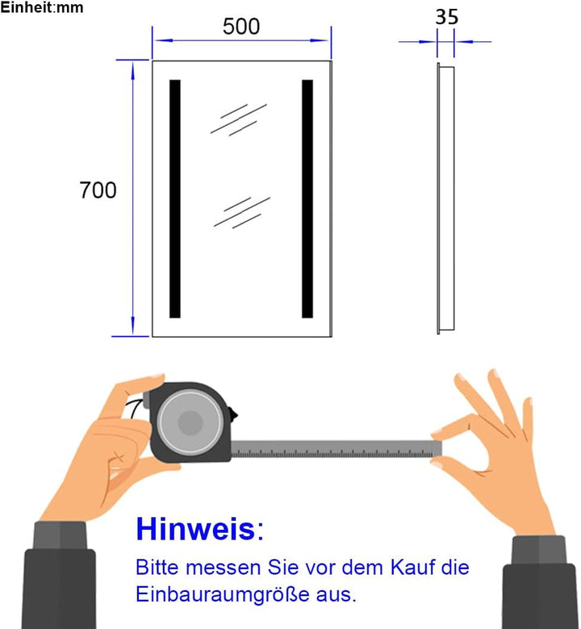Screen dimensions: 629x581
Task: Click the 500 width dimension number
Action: pyautogui.click(x=241, y=26)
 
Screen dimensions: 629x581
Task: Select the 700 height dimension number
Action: pyautogui.click(x=98, y=190)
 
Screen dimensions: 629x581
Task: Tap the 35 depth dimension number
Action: pyautogui.click(x=445, y=16)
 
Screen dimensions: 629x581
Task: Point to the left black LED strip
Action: pyautogui.click(x=175, y=198)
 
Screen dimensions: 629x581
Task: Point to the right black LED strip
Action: pyautogui.click(x=307, y=198)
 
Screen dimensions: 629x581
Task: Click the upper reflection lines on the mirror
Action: pyautogui.click(x=238, y=118)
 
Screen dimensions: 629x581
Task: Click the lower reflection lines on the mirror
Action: pyautogui.click(x=240, y=211)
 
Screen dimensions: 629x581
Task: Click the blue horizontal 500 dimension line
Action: pyautogui.click(x=241, y=39)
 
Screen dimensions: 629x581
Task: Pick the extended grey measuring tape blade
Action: pyautogui.click(x=335, y=448)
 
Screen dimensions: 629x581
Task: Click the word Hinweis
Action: pyautogui.click(x=194, y=529)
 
